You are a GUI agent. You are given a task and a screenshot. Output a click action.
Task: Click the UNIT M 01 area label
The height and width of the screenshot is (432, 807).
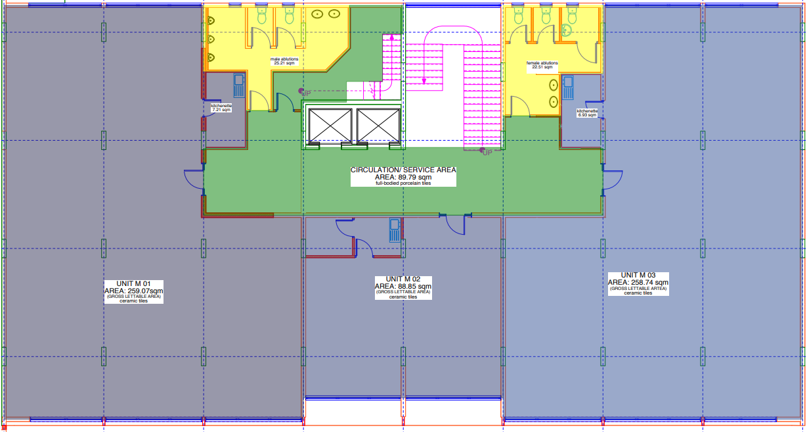pos(134,291)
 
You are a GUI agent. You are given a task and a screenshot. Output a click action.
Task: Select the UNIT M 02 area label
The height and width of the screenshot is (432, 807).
pos(403,287)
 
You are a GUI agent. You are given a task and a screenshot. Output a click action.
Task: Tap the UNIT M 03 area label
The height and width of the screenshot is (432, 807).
pos(638,283)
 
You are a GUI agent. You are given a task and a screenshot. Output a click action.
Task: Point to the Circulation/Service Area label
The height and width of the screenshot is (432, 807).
pos(403,176)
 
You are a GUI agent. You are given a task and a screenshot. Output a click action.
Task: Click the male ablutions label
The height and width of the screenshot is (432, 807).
pos(284,61)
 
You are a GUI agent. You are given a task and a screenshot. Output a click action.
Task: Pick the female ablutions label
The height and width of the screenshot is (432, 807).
pos(542,65)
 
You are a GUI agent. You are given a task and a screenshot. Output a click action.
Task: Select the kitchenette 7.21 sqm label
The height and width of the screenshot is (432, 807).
pos(221,108)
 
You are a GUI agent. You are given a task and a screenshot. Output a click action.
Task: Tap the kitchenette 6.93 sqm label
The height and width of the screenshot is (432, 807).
pos(587,113)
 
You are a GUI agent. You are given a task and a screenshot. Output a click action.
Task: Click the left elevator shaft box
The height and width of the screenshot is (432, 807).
pos(330,126)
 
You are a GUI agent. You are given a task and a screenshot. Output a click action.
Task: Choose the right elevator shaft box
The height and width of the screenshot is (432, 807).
pos(378,126)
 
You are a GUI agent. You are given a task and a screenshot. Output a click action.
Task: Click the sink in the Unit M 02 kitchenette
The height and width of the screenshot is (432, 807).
pos(395,230)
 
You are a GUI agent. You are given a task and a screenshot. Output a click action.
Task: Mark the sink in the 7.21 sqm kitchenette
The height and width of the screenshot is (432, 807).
pos(239,85)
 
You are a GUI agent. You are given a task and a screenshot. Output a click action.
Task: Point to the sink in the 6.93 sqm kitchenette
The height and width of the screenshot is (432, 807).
pos(568,87)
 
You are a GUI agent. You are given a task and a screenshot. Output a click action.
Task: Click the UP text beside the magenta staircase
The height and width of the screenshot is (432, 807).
pos(487,153)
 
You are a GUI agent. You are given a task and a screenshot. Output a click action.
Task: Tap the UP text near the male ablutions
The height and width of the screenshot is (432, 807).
pos(306,93)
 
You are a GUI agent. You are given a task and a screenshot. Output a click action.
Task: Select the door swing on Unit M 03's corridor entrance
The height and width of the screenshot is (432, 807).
pos(613,180)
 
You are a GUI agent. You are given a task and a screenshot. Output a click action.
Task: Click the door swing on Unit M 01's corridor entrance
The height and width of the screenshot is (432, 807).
pos(194,180)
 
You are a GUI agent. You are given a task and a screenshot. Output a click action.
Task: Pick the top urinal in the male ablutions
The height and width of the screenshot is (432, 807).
pos(211,20)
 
